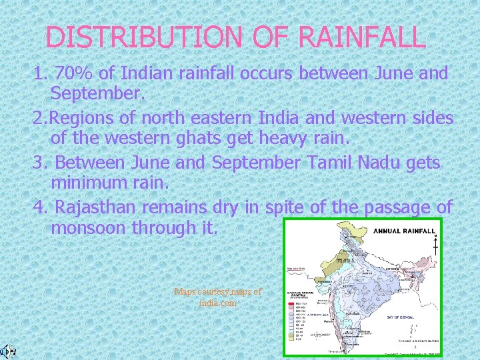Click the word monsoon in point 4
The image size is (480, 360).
tap(87, 227)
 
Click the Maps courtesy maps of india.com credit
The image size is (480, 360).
tap(217, 297)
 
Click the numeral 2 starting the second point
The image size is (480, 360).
tap(38, 119)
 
